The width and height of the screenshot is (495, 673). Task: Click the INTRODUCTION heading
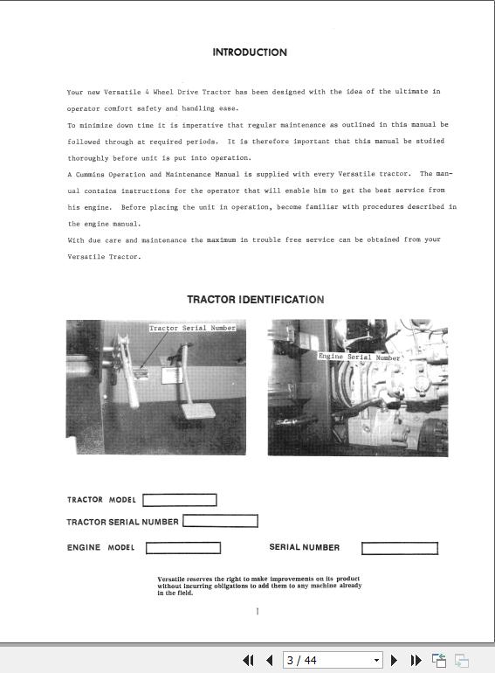tap(249, 52)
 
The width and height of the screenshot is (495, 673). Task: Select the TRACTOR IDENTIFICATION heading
tap(255, 300)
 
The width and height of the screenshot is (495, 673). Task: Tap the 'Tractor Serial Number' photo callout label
tap(192, 329)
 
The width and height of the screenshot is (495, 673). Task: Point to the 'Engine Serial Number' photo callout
tap(359, 357)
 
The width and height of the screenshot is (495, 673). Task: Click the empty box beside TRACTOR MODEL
tap(179, 501)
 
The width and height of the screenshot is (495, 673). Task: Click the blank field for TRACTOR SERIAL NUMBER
tap(220, 522)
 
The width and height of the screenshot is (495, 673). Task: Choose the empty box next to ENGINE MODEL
tap(182, 549)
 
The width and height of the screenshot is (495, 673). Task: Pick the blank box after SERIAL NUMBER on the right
tap(399, 549)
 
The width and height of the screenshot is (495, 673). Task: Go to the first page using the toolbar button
tap(248, 661)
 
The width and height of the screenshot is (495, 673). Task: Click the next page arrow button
tap(395, 661)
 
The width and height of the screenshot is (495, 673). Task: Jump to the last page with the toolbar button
tap(416, 661)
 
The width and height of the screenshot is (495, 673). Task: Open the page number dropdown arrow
tap(376, 661)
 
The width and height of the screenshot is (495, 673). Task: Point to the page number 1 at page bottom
tap(257, 611)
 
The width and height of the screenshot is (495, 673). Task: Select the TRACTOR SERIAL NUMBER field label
tap(122, 523)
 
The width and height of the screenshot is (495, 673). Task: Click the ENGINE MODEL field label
tap(100, 548)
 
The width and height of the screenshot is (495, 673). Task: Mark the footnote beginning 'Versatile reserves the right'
tap(258, 586)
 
